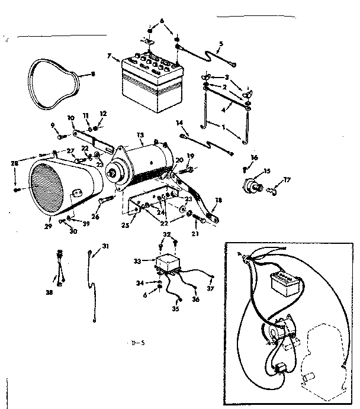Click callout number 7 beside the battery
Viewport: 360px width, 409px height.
click(x=109, y=56)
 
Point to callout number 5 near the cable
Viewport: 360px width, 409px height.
click(x=221, y=43)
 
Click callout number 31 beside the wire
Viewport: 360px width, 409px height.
click(x=105, y=246)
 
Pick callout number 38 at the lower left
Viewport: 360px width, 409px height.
click(x=50, y=292)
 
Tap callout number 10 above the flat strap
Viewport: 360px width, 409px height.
click(x=70, y=118)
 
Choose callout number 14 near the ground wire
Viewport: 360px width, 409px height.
click(x=178, y=123)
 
